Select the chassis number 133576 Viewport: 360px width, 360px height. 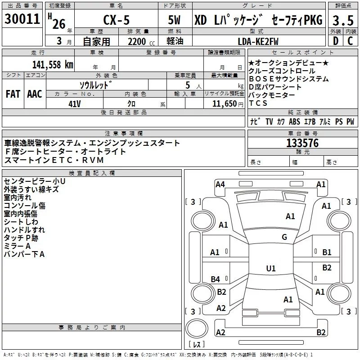tap(302, 143)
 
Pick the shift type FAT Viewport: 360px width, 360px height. tap(13, 94)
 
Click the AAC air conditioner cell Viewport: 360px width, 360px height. tap(35, 94)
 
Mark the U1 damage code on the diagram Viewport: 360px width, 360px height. tap(270, 268)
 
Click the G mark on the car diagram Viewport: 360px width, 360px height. tap(284, 237)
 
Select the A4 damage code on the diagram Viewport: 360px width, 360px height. tap(220, 184)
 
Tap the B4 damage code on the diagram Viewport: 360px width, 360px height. tap(215, 279)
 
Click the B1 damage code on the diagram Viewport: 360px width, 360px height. tap(327, 252)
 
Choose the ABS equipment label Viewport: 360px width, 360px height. tap(294, 121)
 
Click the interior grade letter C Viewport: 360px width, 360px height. tap(350, 41)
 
